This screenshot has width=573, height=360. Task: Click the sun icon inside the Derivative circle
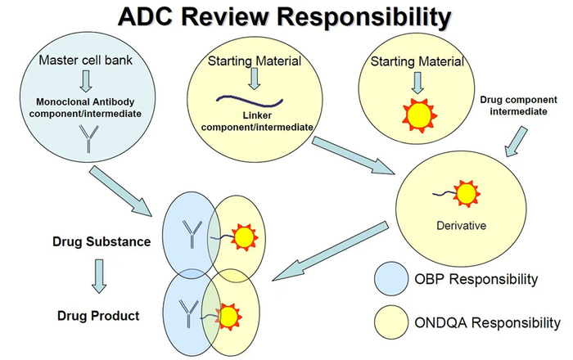coord(466,194)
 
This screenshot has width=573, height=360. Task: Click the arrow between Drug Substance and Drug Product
coord(99,277)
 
